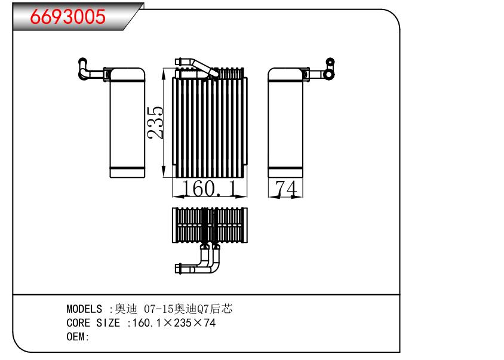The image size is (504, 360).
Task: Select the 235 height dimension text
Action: [156, 122]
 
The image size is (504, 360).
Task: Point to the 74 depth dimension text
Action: [285, 189]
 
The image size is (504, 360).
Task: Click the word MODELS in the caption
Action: [84, 309]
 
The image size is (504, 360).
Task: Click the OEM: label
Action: [78, 337]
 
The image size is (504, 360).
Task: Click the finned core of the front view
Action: [209, 128]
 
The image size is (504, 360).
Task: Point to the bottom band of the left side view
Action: [127, 173]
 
